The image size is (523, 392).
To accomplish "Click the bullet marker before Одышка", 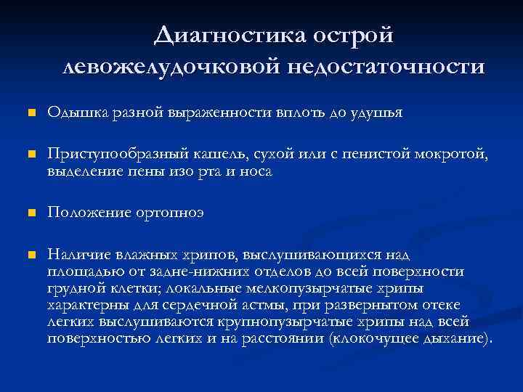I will coord(30,113).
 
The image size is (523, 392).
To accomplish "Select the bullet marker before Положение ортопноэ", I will coord(30,213).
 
